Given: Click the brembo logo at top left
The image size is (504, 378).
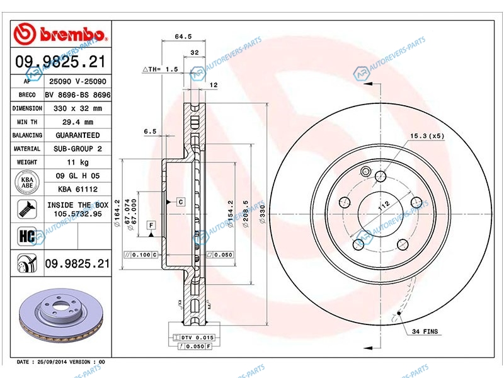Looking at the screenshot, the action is [59, 34].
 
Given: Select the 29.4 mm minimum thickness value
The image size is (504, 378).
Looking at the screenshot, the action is [77, 122].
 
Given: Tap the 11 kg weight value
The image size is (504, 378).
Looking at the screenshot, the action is [77, 163].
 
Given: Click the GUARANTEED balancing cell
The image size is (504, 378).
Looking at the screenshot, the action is [77, 135].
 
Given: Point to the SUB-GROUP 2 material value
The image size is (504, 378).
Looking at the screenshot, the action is [77, 149].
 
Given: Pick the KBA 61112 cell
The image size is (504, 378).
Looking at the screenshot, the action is [77, 189].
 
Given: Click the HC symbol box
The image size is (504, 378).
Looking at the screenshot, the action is [27, 236].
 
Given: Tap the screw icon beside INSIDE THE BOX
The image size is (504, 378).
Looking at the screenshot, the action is [27, 209].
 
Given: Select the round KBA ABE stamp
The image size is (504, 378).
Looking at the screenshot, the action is [27, 183].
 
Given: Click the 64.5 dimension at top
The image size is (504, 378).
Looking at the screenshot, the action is [183, 37].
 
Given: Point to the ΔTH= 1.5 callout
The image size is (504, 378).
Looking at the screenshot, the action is [160, 69].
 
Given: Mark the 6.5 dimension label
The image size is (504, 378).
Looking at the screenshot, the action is [150, 131].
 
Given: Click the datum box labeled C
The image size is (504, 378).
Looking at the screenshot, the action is [181, 202].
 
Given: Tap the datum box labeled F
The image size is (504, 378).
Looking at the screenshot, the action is [151, 226].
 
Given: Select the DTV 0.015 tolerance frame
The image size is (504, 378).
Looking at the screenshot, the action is [194, 338].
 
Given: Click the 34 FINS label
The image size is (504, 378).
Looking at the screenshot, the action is [425, 331].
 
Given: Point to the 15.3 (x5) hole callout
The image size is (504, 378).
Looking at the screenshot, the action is [427, 136].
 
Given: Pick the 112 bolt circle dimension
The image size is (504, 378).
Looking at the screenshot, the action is [384, 206].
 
